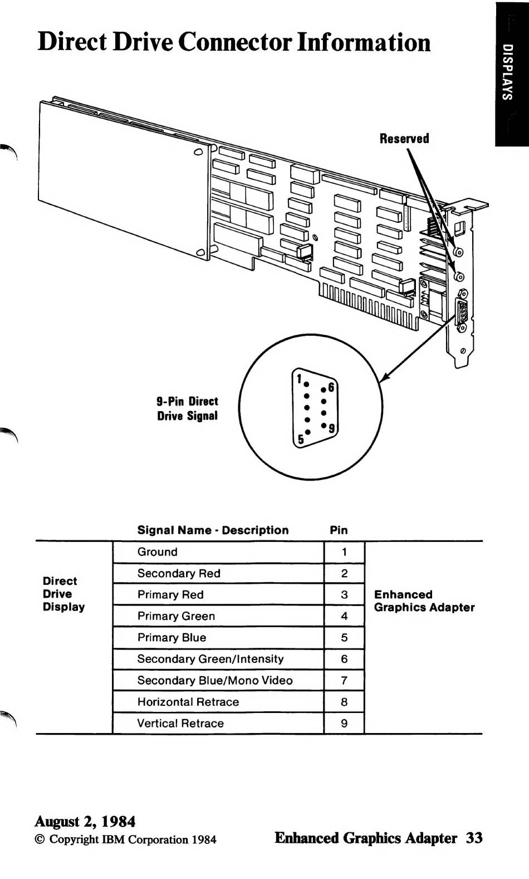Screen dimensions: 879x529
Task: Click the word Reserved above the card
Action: [404, 139]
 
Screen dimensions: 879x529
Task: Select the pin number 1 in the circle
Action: [299, 379]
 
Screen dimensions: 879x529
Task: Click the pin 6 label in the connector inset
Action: [331, 387]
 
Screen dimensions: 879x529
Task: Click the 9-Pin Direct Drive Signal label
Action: [187, 408]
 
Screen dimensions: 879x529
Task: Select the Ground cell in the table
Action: [158, 552]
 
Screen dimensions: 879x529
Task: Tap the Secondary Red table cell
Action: [179, 573]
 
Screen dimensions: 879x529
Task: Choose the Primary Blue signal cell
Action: [172, 638]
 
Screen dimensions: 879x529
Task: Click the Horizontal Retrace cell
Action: [188, 702]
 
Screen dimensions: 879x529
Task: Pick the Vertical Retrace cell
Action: [180, 724]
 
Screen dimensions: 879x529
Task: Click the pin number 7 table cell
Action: [344, 681]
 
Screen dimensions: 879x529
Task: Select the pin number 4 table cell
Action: [344, 616]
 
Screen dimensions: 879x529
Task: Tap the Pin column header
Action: [339, 530]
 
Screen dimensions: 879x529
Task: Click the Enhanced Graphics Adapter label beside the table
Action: [424, 601]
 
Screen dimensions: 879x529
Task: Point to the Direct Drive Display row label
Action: [63, 594]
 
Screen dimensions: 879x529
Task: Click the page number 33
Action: [474, 838]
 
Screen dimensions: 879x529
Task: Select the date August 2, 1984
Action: [85, 822]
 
